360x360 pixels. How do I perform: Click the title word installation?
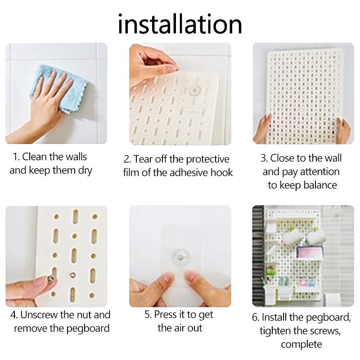coord(180,24)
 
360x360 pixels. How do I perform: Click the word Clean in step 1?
coord(35,157)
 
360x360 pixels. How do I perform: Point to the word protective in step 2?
coord(207,160)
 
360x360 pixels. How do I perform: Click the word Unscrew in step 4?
coord(39,315)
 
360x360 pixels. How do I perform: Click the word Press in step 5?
coord(164,315)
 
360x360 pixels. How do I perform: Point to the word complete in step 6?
coord(301,344)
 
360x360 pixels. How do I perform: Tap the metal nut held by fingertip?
coord(51,279)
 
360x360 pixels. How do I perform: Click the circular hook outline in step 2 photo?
coord(195,90)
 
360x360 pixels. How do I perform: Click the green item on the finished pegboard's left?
coord(271,272)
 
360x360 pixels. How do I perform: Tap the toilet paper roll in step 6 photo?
coord(333,300)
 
